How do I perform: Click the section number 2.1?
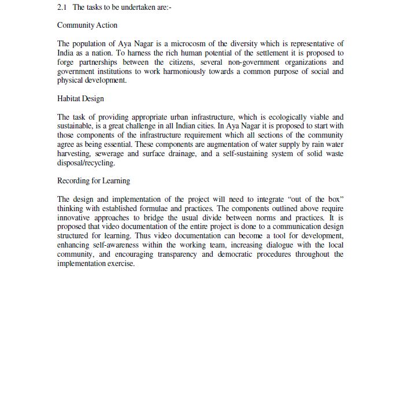click(62, 8)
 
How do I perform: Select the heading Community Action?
click(87, 25)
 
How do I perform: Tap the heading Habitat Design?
click(80, 99)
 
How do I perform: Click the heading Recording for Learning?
click(94, 181)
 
